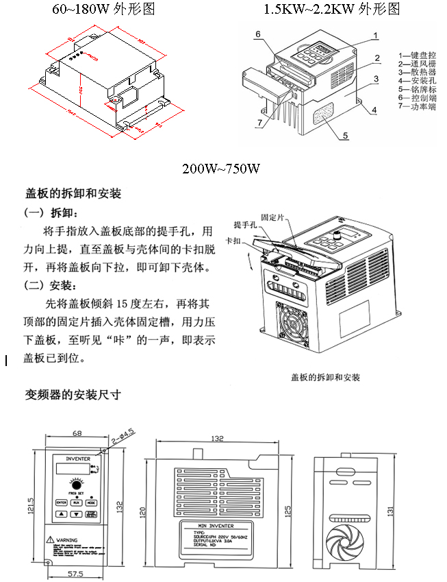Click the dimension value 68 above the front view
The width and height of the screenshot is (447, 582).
pos(77,434)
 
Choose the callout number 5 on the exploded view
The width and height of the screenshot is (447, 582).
pos(346,136)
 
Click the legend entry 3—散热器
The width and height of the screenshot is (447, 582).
pos(417,72)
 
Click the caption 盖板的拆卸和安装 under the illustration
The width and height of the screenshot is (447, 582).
pos(325,378)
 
